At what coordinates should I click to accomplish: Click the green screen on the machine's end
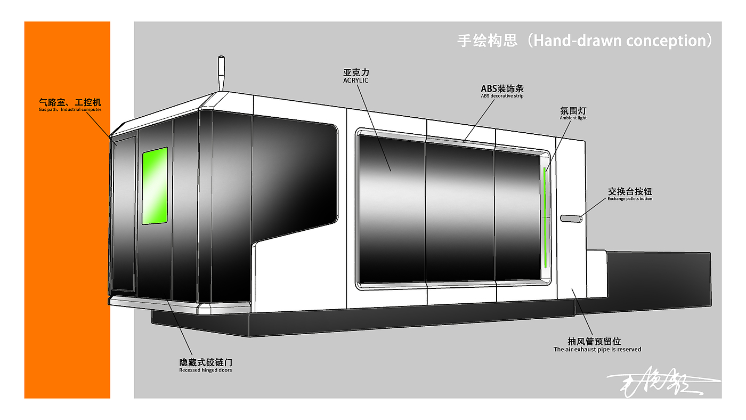pos(155,185)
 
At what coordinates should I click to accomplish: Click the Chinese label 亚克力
pos(356,72)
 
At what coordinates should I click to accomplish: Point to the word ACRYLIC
pos(356,80)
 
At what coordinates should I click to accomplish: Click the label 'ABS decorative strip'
pos(502,96)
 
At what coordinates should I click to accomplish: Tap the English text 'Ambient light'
pos(573,118)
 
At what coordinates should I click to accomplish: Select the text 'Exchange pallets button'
pos(630,199)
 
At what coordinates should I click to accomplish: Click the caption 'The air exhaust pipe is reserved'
pos(597,350)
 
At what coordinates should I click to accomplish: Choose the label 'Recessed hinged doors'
pos(205,370)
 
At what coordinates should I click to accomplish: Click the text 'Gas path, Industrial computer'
pos(70,110)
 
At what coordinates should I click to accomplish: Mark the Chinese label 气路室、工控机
pos(70,101)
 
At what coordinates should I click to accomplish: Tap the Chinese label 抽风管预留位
pos(594,341)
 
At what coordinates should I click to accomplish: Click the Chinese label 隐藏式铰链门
pos(205,362)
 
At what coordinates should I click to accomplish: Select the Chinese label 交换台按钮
pos(630,191)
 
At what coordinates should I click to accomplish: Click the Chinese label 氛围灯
pos(573,110)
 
